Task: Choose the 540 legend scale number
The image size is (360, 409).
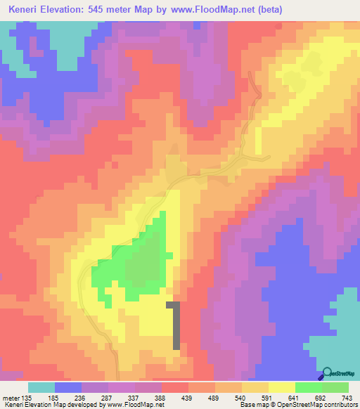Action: click(241, 397)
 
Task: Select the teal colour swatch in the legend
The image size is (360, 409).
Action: click(41, 387)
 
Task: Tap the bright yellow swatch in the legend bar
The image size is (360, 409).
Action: click(281, 387)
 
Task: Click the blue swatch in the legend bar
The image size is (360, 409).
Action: click(68, 387)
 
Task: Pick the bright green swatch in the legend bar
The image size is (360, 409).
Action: click(308, 387)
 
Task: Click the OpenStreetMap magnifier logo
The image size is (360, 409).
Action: click(328, 373)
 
